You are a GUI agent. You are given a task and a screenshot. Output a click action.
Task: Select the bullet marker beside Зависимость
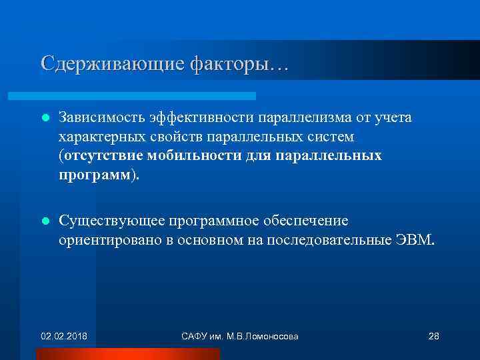point(45,118)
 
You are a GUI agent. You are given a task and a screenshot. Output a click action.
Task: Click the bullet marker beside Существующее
point(45,221)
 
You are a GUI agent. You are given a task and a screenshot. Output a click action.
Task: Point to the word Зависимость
point(97,118)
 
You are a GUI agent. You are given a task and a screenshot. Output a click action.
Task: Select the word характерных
point(97,137)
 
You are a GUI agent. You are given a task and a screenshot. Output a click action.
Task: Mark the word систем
point(330,137)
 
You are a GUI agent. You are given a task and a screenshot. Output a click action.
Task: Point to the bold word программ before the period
point(95,175)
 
